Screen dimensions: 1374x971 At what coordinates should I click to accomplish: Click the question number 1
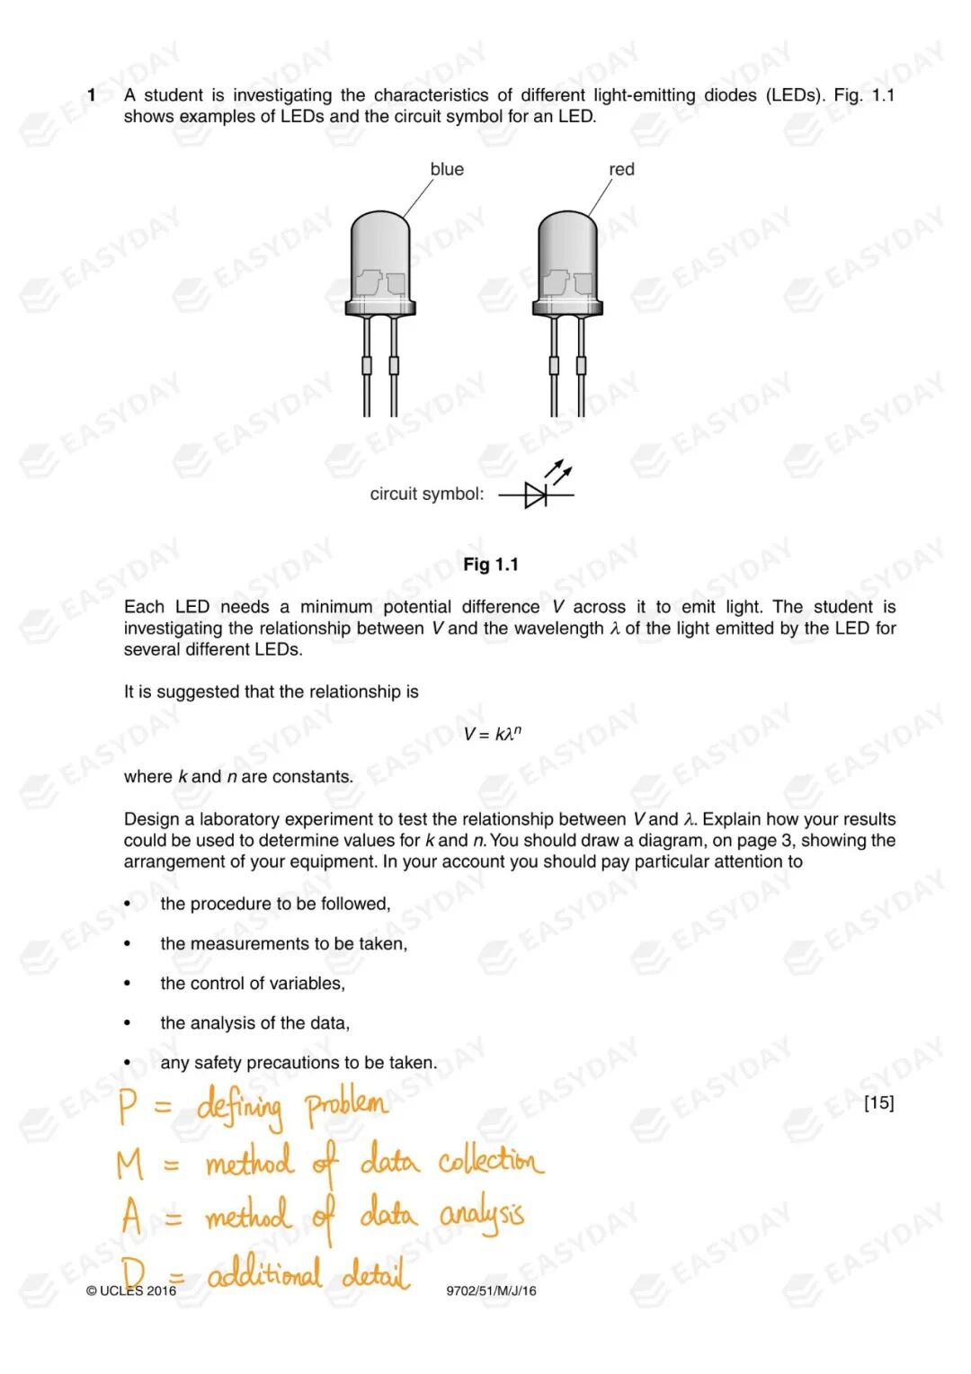pos(92,95)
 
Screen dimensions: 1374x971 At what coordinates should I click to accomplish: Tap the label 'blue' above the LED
pos(447,169)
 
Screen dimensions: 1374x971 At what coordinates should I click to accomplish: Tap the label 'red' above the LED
pos(621,169)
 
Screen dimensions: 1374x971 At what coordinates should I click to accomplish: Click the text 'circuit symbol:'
pos(426,494)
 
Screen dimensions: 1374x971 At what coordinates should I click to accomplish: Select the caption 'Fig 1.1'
pos(491,565)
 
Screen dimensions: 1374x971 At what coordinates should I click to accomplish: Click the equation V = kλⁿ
pos(492,734)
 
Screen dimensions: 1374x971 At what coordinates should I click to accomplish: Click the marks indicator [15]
pos(878,1102)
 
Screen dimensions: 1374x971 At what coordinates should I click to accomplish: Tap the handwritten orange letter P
pos(128,1106)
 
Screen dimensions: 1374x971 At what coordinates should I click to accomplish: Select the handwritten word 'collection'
pos(491,1160)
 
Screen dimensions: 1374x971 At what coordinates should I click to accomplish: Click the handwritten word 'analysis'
pos(481,1216)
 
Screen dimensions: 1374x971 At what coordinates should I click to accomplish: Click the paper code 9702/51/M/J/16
pos(491,1290)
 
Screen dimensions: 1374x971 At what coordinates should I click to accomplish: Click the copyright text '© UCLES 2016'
pos(131,1290)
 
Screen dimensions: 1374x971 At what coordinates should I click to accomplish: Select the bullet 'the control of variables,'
pos(253,984)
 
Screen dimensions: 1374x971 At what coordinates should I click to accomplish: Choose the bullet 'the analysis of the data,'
pos(255,1023)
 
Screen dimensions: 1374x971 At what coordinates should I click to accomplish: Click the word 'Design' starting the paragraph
pos(151,819)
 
